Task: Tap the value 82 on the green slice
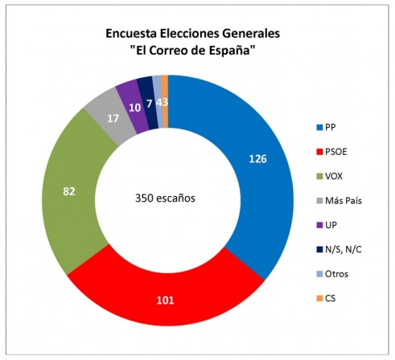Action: pyautogui.click(x=71, y=191)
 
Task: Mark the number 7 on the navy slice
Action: pyautogui.click(x=150, y=103)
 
